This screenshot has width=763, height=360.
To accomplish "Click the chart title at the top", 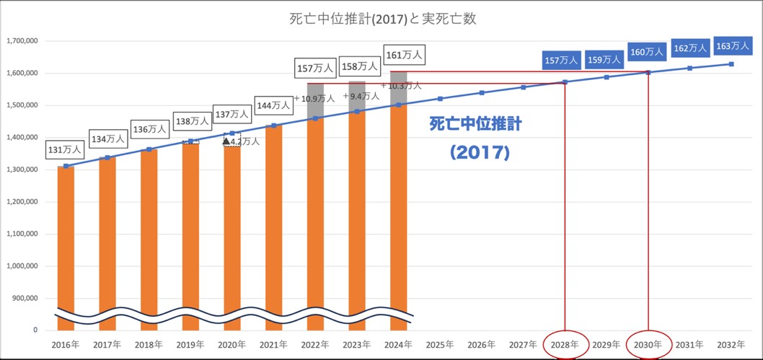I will (381, 19).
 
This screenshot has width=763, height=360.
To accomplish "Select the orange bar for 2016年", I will (66, 238).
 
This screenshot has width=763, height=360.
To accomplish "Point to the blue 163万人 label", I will (732, 46).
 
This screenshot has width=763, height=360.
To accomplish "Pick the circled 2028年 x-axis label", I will (565, 344).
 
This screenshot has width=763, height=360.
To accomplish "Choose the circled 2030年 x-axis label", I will (648, 344).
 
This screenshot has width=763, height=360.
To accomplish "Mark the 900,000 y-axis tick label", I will (25, 298).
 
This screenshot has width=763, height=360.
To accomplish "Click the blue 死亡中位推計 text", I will (475, 124).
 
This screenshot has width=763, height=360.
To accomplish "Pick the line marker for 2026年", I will (482, 92).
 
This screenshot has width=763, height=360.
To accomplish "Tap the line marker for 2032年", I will (732, 64).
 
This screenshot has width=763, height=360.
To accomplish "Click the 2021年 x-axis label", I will (273, 344).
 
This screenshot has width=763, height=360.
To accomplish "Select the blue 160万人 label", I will (647, 52).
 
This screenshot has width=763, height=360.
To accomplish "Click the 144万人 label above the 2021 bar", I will (274, 105).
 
